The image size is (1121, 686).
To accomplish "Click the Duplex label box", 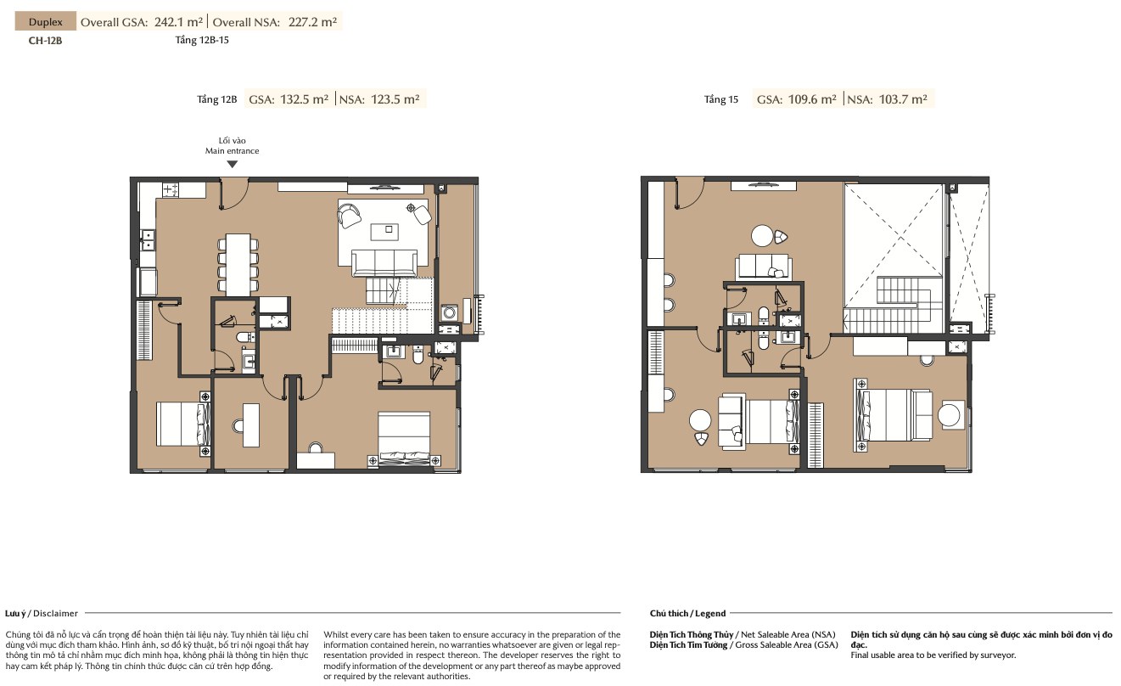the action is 46,21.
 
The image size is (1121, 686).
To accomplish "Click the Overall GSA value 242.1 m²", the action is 179,22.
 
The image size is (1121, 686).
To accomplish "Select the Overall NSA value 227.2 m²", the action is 313,22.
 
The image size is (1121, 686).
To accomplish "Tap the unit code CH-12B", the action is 45,41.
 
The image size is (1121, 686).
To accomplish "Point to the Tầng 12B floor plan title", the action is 216,99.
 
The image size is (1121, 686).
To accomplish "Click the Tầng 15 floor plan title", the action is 721,99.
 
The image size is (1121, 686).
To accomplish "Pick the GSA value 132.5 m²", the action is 305,99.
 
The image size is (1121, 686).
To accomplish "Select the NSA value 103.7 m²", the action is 903,99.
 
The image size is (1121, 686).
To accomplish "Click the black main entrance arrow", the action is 233,164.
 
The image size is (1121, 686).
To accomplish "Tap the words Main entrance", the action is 233,151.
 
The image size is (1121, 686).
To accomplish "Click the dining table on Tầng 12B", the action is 238,265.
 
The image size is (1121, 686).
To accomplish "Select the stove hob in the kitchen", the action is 171,190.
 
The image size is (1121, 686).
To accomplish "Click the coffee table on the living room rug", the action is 384,232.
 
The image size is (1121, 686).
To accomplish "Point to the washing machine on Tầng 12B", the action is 449,313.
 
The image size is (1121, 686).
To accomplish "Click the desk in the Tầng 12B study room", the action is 251,425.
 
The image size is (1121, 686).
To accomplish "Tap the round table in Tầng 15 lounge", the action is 762,236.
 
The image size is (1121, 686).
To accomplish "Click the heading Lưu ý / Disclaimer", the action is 42,613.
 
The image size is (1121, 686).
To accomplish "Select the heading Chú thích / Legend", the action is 687,613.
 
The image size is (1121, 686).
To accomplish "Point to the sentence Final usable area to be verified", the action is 933,655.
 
